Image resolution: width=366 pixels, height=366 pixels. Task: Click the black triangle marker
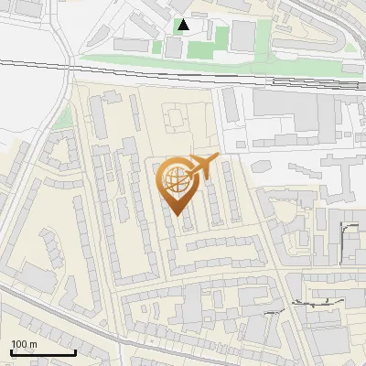(x=184, y=25)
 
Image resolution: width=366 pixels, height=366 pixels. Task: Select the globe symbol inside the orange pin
(x=177, y=181)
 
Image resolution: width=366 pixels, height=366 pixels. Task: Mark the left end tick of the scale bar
(x=11, y=350)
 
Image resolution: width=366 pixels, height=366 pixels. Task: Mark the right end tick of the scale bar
(x=75, y=350)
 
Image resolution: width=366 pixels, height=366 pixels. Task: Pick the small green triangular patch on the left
(x=62, y=118)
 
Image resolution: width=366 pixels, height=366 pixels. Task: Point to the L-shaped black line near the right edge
(x=348, y=238)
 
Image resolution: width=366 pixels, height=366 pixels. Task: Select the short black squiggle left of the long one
(x=272, y=311)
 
